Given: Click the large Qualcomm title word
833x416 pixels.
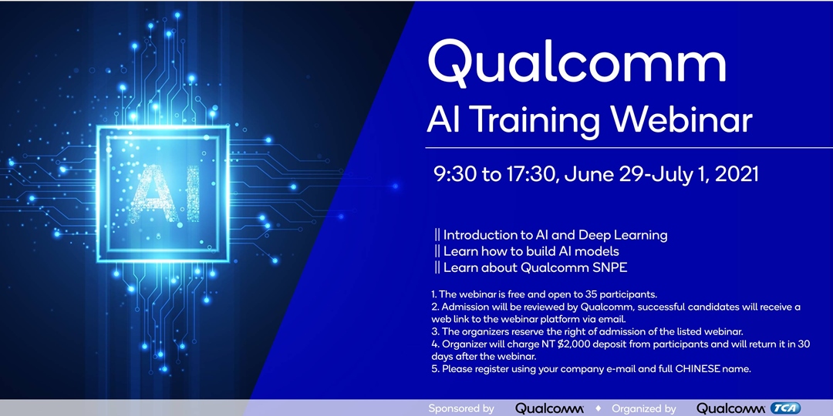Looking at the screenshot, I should pos(577,63).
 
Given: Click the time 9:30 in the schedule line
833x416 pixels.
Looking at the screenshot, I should pos(454,174).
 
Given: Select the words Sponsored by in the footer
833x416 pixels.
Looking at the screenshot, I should pos(461,408).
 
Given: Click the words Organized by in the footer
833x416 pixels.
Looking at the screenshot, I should pos(643,408).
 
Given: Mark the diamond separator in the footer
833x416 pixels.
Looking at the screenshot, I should pos(599,408).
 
